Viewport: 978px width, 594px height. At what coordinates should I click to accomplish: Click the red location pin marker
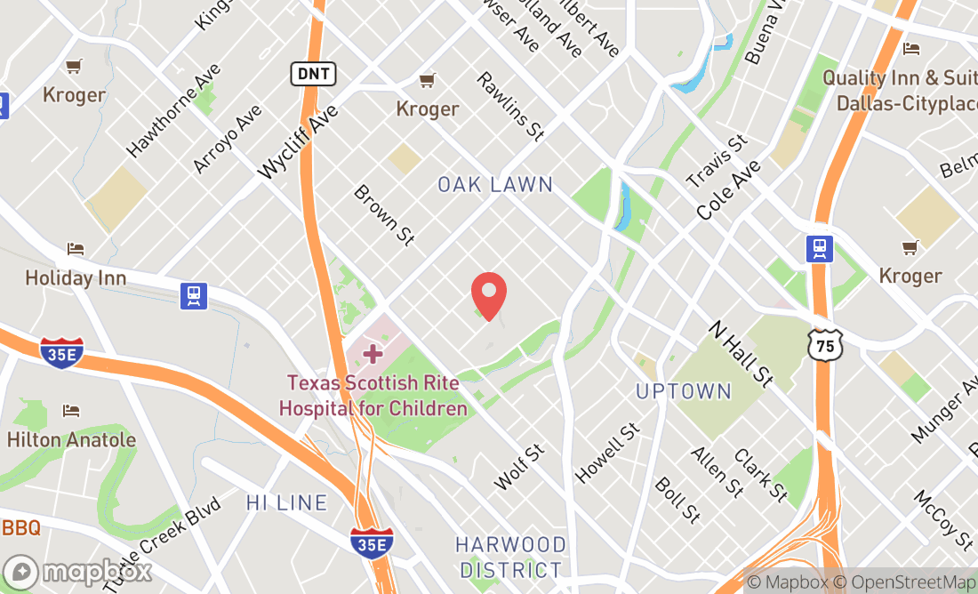click(488, 295)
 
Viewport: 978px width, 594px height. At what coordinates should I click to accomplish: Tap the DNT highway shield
click(313, 74)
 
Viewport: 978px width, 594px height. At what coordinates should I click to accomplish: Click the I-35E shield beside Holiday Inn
click(61, 352)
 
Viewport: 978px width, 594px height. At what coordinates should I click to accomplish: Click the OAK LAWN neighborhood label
click(495, 185)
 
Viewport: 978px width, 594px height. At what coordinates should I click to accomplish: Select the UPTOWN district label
click(684, 391)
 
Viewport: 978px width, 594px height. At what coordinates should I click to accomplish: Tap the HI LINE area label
click(286, 502)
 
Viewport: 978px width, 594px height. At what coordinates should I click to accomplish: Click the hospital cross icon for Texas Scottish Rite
click(373, 354)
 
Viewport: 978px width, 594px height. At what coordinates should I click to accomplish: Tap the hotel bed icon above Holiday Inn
click(76, 249)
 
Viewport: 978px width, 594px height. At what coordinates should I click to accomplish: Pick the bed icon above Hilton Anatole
click(71, 410)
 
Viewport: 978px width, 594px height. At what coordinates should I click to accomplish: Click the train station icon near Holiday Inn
click(193, 295)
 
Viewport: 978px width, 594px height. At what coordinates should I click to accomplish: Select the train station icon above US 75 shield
click(819, 248)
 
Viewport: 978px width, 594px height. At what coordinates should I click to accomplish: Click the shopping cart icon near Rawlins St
click(428, 80)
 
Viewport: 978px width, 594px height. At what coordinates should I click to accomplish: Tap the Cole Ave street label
click(729, 190)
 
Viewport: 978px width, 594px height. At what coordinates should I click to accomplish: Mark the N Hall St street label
click(740, 353)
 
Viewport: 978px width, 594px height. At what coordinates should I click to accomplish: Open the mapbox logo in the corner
click(77, 571)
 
